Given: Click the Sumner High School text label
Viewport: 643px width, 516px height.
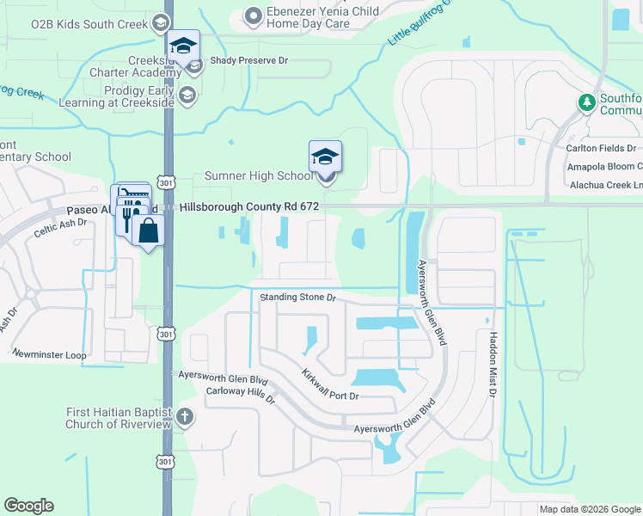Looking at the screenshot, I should pyautogui.click(x=259, y=176).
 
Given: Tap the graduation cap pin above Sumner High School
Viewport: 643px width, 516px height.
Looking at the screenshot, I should pyautogui.click(x=325, y=157).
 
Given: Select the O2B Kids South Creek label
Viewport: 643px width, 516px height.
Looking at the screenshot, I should pyautogui.click(x=89, y=24).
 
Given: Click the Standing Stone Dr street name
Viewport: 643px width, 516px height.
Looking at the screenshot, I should pyautogui.click(x=297, y=298).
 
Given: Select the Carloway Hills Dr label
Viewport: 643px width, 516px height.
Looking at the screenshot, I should pyautogui.click(x=229, y=395).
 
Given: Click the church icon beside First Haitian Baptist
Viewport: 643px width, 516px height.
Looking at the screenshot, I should pyautogui.click(x=185, y=419).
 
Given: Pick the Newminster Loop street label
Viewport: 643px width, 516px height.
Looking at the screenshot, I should pyautogui.click(x=49, y=353).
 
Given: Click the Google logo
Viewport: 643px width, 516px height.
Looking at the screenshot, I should pyautogui.click(x=28, y=506).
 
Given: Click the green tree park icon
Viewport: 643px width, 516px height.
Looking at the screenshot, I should pyautogui.click(x=587, y=103).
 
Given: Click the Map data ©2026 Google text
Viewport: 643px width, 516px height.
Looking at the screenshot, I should pyautogui.click(x=589, y=509).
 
